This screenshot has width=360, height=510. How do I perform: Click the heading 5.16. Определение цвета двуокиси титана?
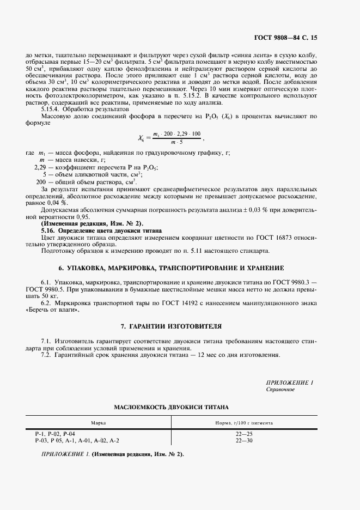pos(97,230)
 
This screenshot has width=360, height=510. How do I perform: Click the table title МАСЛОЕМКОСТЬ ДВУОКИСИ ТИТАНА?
pos(171,407)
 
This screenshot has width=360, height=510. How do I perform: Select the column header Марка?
pos(99,422)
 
